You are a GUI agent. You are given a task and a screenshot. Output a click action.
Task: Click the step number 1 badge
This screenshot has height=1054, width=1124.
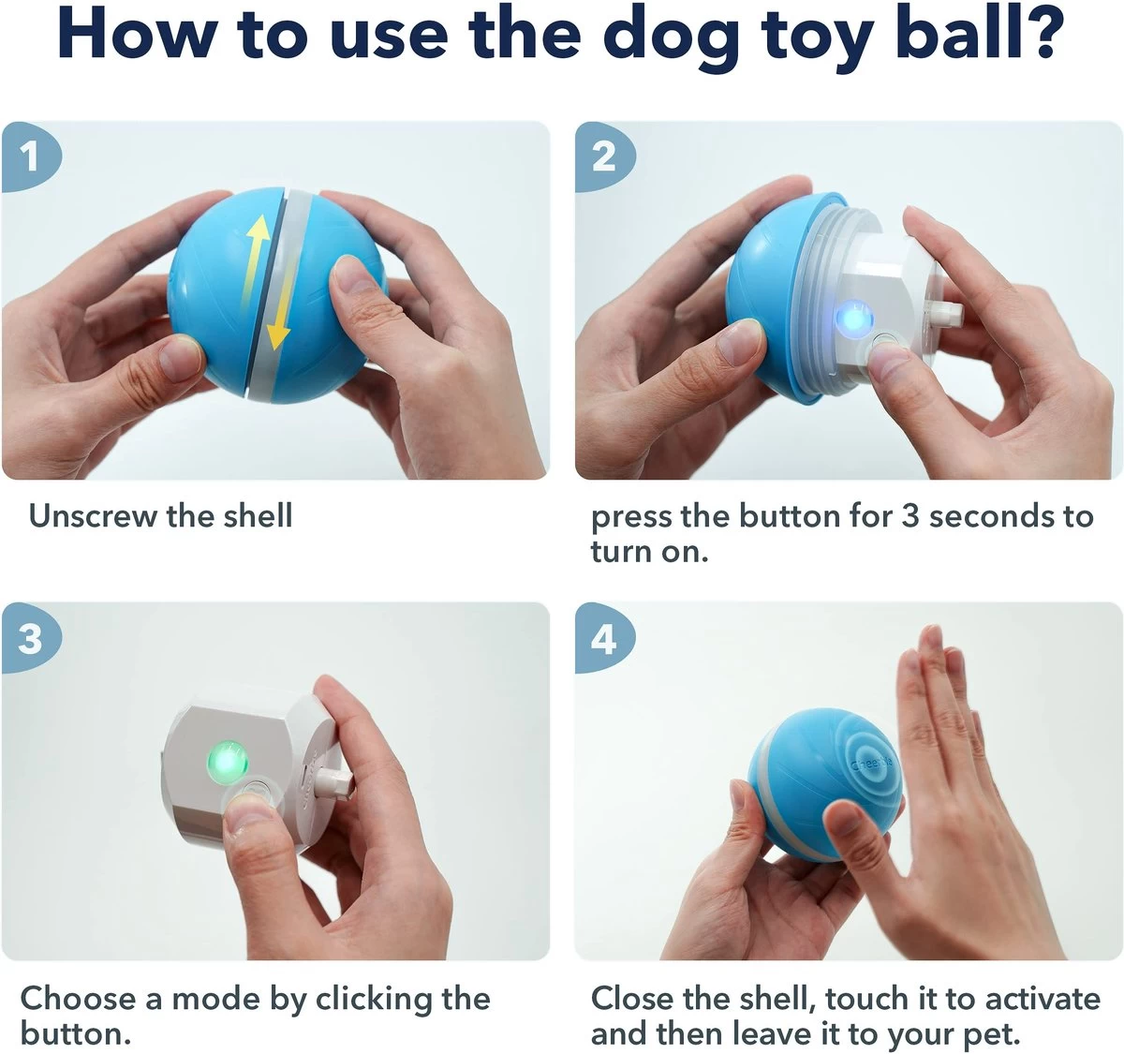coord(29,156)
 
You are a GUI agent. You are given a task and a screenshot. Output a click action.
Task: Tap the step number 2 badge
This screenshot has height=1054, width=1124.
coord(604,156)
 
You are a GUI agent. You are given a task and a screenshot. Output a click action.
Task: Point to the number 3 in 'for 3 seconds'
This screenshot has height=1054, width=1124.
coord(910,516)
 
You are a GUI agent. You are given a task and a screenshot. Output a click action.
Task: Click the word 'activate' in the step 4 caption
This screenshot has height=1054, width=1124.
coord(1041,998)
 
